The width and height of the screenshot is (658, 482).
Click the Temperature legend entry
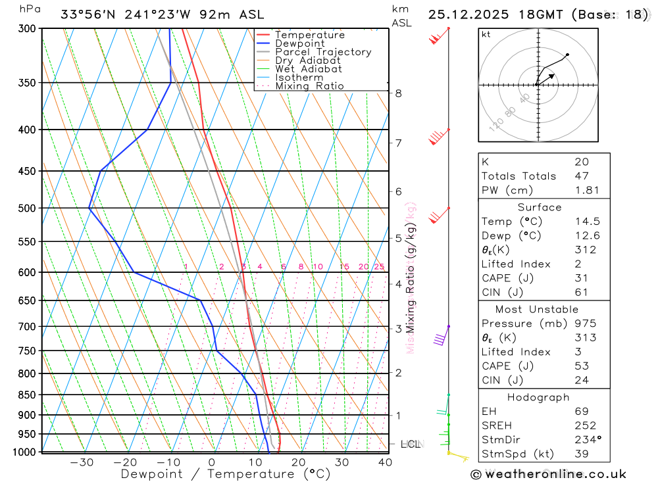[x=309, y=35]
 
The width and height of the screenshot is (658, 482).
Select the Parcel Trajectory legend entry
[x=323, y=52]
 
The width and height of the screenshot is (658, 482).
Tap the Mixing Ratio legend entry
[x=309, y=85]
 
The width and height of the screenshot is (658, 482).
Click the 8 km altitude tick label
[x=398, y=93]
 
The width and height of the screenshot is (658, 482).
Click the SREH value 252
[x=585, y=426]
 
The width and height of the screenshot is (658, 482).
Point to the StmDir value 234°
[x=585, y=440]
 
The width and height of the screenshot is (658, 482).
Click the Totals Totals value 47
[x=581, y=176]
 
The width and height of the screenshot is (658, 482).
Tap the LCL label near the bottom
[x=410, y=445]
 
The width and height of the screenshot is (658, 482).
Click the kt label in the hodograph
[x=486, y=34]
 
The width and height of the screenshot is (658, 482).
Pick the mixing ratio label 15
[x=344, y=267]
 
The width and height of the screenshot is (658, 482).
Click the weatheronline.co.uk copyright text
[x=548, y=474]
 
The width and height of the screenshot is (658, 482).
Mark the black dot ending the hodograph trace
[x=567, y=55]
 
